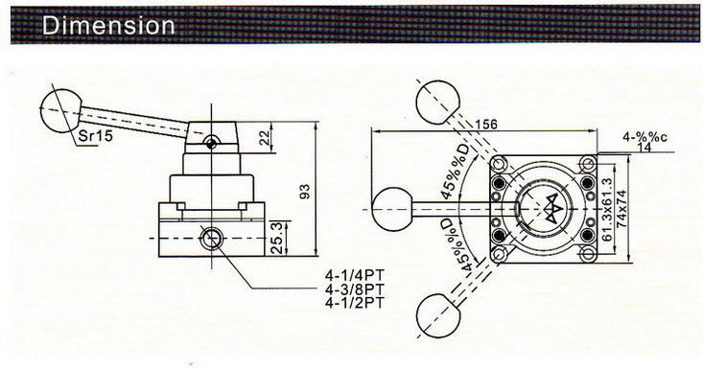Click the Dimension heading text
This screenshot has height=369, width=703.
[97, 22]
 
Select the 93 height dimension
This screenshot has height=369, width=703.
[305, 193]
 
